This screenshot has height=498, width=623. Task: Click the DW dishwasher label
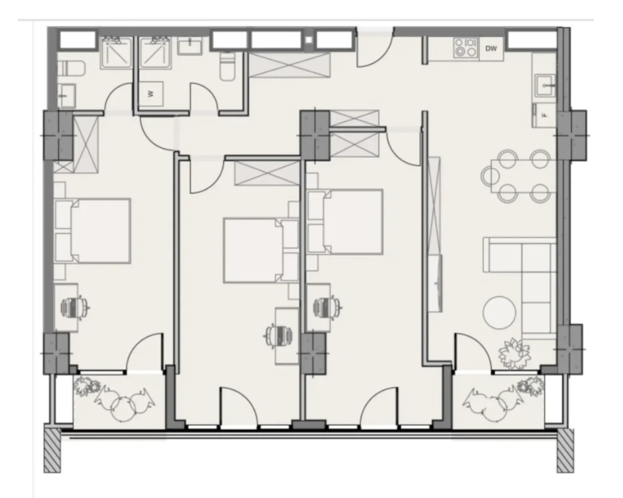tap(491, 49)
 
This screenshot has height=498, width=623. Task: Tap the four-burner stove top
tap(466, 47)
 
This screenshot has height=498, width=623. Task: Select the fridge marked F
tap(544, 115)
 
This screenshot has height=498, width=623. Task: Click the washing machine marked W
tap(150, 94)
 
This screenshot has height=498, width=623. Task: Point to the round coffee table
tap(499, 313)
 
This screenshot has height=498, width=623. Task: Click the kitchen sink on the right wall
tap(545, 85)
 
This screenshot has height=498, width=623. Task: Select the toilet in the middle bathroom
tap(228, 66)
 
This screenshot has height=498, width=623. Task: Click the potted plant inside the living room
tap(514, 353)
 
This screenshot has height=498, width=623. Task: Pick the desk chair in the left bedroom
tap(75, 308)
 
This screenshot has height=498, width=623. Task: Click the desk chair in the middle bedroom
tap(278, 336)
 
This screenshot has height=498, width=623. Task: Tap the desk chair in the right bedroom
tap(328, 307)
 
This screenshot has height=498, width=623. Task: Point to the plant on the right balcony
tap(531, 386)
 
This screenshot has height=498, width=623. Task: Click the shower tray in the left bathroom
tap(116, 53)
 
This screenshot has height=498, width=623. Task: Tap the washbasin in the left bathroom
tap(66, 95)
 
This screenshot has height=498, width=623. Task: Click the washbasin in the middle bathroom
tap(190, 45)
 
